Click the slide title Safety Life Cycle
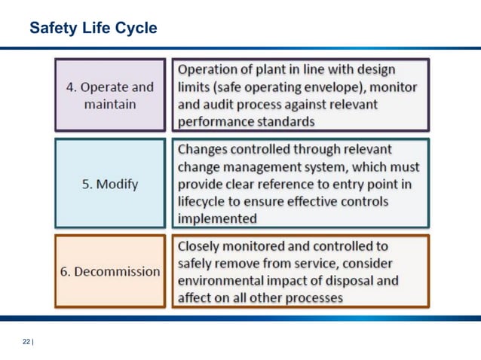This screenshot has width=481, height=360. point(93,29)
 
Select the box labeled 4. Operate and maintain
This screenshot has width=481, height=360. point(110,96)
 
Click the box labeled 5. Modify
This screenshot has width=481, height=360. point(110,184)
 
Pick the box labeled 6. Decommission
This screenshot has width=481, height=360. point(110,271)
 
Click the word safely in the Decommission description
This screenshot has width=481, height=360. point(197,264)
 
